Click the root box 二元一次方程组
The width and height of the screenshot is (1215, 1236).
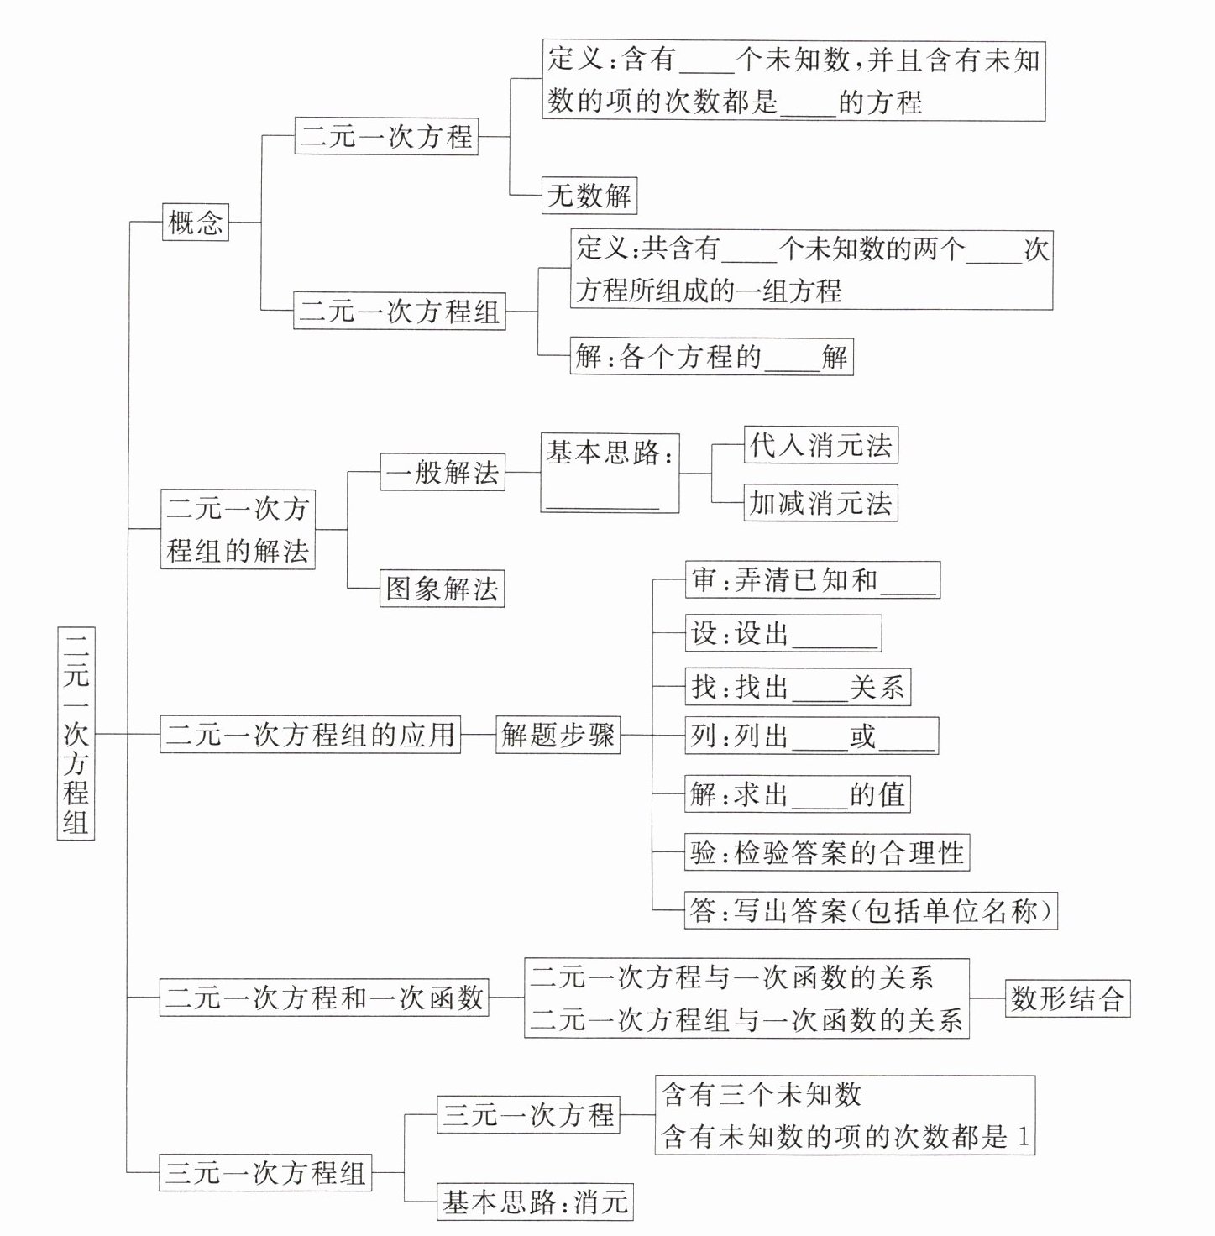pos(76,732)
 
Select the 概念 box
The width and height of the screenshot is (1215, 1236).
pos(195,223)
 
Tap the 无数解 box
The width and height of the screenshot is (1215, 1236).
pos(589,196)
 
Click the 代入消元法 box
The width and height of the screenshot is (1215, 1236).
pos(820,445)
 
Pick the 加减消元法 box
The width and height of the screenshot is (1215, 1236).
pos(820,503)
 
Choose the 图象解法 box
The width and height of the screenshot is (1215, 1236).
pos(442,589)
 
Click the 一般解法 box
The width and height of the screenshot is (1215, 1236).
pos(443,472)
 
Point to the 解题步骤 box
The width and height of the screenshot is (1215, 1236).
pos(558,735)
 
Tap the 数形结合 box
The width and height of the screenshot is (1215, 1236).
pos(1067,998)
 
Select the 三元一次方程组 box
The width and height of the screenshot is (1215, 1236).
pos(265,1172)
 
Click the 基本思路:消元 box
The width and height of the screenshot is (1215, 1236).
pos(535,1202)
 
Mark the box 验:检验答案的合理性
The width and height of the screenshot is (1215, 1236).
pos(827,853)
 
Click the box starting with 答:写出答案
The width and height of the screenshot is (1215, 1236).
pos(871,911)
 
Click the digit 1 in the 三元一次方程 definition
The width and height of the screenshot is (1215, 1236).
pos(1022,1137)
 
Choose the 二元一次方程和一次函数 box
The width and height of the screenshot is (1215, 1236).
pos(324,998)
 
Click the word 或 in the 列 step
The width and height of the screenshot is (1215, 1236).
pos(862,736)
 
